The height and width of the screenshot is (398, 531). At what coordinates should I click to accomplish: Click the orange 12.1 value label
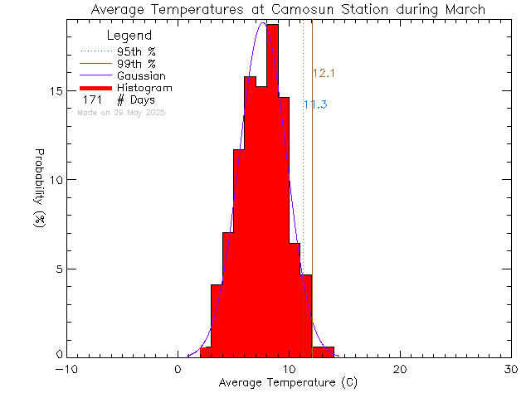[324, 74]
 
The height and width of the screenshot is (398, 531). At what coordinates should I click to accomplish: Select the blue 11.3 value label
[315, 104]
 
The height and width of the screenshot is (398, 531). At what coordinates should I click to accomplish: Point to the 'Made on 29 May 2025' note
[121, 112]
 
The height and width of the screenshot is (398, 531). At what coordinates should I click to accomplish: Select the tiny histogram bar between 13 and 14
[329, 352]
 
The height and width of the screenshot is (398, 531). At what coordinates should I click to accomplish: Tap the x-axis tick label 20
[400, 370]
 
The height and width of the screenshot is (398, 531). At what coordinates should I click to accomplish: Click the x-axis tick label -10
[66, 370]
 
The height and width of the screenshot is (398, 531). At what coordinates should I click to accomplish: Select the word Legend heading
[130, 36]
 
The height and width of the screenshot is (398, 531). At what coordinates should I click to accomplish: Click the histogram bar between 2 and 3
[206, 352]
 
